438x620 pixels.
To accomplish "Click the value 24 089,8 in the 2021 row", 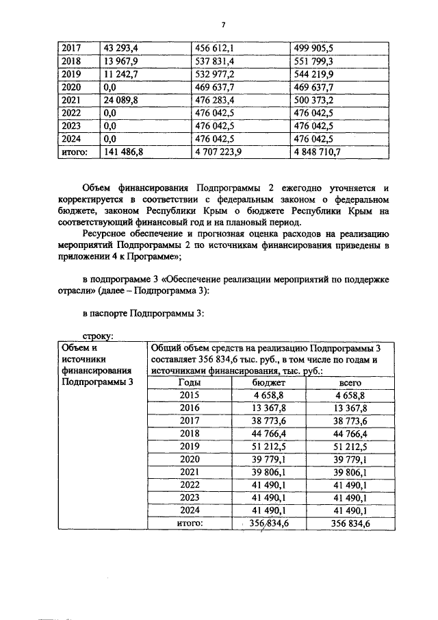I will (x=120, y=101).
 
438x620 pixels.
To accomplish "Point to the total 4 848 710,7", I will (x=318, y=153).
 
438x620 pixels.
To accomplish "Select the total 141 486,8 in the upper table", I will (x=123, y=153).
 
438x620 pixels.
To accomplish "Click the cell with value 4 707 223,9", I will (x=219, y=153).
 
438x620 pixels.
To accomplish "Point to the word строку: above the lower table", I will (x=98, y=336).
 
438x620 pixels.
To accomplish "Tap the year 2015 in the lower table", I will (x=190, y=395).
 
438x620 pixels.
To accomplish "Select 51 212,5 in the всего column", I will (x=350, y=446).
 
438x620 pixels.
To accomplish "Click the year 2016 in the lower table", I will (x=190, y=408).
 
